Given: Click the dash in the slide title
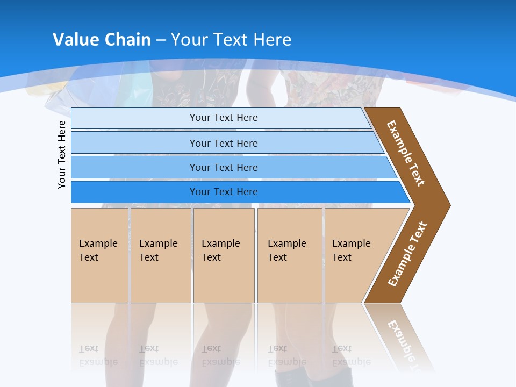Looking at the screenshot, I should point(161,40).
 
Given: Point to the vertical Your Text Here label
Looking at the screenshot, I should point(62,154).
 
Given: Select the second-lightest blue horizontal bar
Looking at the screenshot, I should point(223,143).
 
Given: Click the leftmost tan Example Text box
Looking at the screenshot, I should point(99,255).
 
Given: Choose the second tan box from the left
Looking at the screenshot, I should point(161,255).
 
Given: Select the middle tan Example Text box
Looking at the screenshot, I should point(224,255).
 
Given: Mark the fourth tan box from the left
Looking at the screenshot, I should point(290,255).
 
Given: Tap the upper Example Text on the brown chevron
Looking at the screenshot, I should point(406,153).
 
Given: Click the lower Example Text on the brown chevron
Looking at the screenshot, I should point(407,254).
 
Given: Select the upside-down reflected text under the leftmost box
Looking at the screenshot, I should point(98,355).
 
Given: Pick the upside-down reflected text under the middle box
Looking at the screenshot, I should point(220,355).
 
